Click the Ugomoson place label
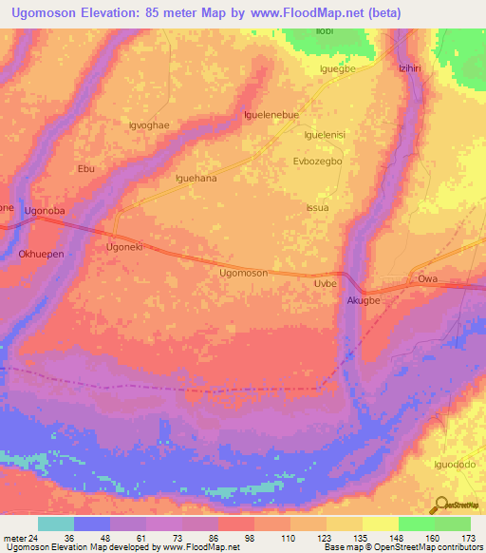[x=243, y=273]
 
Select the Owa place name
[x=428, y=279]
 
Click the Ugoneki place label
[x=122, y=245]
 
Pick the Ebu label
[x=86, y=169]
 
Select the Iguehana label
[x=196, y=178]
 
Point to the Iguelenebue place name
[x=271, y=115]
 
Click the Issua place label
[x=317, y=207]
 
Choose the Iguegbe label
[x=336, y=69]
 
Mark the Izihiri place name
[x=408, y=68]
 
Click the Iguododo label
[x=454, y=465]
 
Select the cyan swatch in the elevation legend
[x=56, y=524]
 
